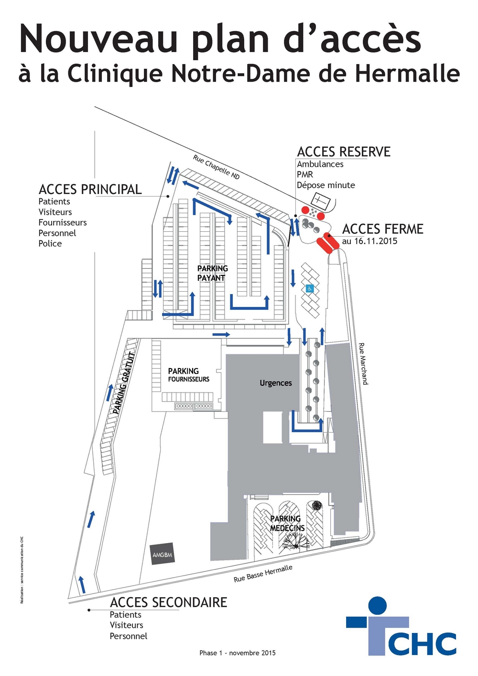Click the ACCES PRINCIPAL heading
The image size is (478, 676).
(x=90, y=189)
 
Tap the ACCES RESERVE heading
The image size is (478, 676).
(x=344, y=152)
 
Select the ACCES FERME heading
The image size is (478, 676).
(x=383, y=229)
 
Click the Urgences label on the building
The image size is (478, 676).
(x=276, y=383)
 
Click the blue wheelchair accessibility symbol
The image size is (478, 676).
(x=310, y=289)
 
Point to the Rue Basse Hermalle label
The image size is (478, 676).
(x=263, y=573)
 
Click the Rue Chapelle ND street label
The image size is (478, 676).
(x=217, y=167)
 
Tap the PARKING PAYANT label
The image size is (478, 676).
(x=212, y=273)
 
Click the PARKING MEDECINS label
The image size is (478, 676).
(x=287, y=523)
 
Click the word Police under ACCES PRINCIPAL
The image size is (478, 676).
(x=50, y=243)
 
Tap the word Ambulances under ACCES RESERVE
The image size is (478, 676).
(x=320, y=164)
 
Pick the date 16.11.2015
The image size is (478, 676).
(x=374, y=241)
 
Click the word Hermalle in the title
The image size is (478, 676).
(x=407, y=74)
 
